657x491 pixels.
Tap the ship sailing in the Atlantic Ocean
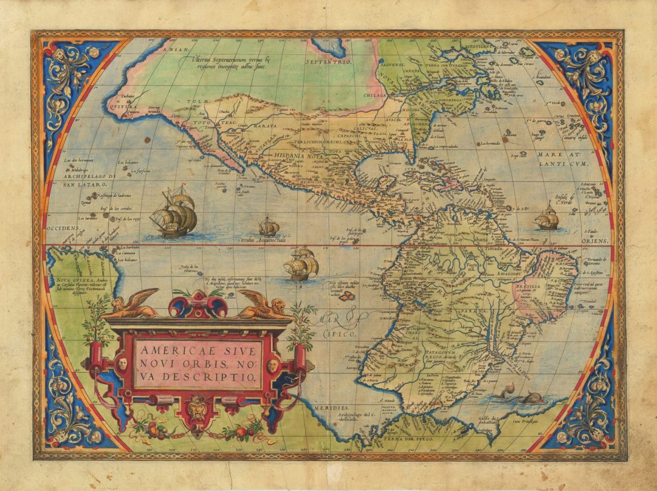[547, 217]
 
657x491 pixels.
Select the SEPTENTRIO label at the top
[328, 61]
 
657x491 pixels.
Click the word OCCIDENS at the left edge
[62, 228]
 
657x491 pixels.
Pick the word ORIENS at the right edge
[595, 241]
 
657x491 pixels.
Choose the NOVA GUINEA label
[70, 279]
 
